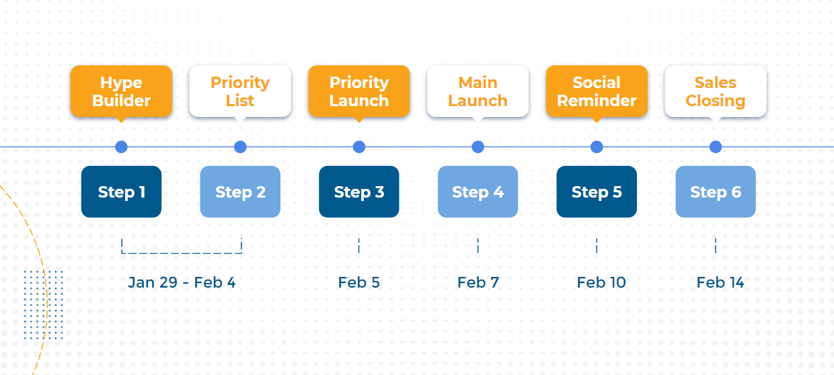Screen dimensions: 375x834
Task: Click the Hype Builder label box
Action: [121, 91]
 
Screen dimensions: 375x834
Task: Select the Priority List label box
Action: [240, 91]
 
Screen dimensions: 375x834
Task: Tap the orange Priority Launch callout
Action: [359, 91]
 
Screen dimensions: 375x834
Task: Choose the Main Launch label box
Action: [478, 91]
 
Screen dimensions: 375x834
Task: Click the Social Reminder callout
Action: [597, 91]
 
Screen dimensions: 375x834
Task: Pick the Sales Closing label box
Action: [716, 91]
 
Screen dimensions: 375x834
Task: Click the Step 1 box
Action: [121, 192]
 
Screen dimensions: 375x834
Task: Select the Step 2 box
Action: [240, 192]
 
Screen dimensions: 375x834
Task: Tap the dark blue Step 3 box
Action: [359, 192]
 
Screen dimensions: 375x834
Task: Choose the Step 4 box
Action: [478, 192]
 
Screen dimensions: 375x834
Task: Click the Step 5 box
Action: [597, 192]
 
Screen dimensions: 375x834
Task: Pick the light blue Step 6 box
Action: [716, 192]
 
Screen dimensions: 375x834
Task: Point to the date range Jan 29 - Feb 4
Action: [182, 282]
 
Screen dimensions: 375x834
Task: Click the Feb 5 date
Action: [359, 282]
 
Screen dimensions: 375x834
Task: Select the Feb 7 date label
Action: [478, 282]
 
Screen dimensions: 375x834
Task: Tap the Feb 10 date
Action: [601, 282]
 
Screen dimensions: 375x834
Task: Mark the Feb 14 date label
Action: [720, 282]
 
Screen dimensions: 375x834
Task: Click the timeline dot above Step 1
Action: [121, 147]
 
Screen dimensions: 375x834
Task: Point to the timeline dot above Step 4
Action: [478, 147]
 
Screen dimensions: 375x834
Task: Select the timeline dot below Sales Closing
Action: [716, 147]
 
